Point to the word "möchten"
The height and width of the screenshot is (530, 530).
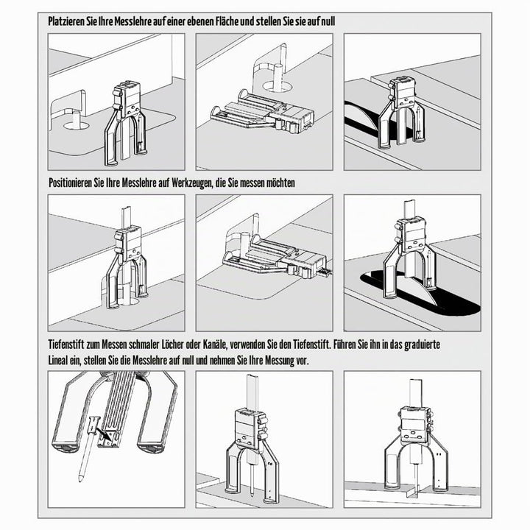tap(280, 183)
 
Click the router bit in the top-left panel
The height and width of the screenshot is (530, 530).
tap(76, 119)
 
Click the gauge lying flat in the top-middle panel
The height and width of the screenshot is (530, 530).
tap(263, 111)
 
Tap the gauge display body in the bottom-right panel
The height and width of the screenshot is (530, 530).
tap(414, 426)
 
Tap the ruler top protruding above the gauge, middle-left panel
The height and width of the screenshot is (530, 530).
tap(127, 218)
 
